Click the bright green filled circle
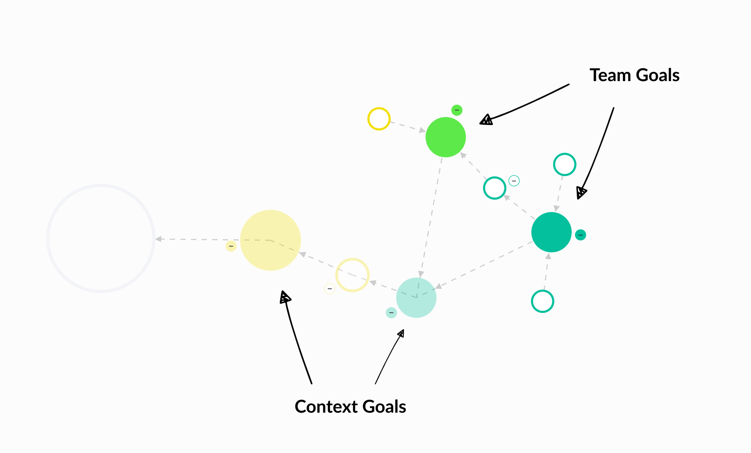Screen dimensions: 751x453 tap(445, 137)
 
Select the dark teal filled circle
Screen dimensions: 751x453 tap(551, 232)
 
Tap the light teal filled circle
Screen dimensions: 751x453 tap(417, 297)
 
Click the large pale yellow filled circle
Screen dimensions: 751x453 tap(271, 240)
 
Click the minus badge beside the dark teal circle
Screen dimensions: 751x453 tap(580, 235)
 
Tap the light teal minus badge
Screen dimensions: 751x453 tap(391, 312)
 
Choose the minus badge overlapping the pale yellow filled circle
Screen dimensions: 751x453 tap(231, 246)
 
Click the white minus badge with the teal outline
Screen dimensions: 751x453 tap(514, 181)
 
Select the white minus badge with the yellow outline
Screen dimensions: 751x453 tap(330, 289)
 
